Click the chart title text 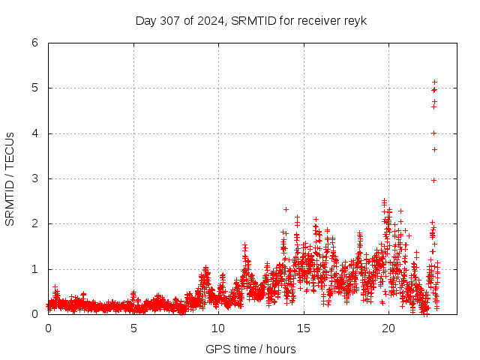tap(251, 20)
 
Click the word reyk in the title tap(355, 20)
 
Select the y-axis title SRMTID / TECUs tap(10, 178)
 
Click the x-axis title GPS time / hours tap(250, 349)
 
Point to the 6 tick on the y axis tap(34, 43)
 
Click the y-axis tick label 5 tap(34, 88)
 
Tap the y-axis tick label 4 tap(34, 133)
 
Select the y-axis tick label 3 tap(34, 178)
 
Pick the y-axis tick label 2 tap(34, 223)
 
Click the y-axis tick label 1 tap(34, 269)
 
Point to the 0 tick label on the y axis tap(34, 314)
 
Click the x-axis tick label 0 tap(49, 328)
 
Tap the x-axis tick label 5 tap(133, 328)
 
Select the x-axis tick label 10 tap(218, 328)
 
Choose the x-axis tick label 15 tap(304, 328)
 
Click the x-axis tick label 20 tap(388, 328)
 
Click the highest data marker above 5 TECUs tap(434, 82)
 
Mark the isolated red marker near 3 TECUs tap(433, 180)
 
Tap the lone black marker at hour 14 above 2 tap(286, 209)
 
